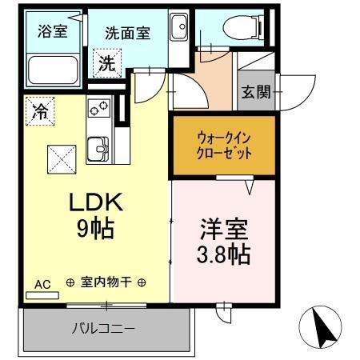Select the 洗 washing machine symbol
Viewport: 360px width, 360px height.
coord(106,64)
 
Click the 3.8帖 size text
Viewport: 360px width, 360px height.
coord(224,255)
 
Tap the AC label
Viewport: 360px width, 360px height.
coord(42,283)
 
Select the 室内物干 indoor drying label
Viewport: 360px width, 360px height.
coord(106,283)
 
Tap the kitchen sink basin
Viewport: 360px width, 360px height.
coord(100,148)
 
